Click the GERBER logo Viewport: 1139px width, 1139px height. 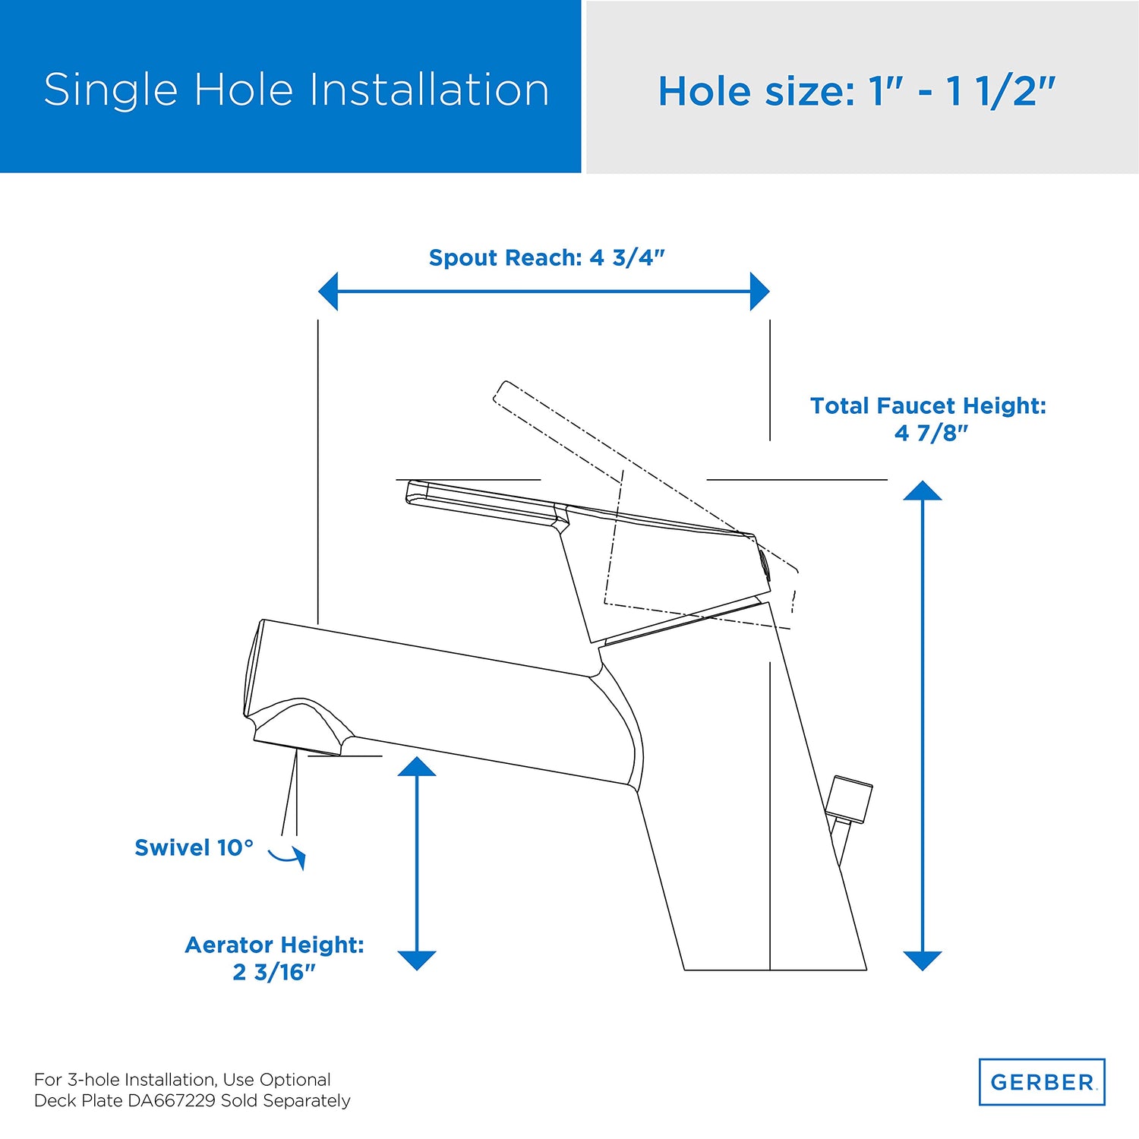[x=1042, y=1082]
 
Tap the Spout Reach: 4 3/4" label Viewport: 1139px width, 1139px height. [x=547, y=258]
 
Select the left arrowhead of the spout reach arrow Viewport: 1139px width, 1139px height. [x=328, y=292]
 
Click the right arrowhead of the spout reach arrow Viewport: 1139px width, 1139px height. [x=759, y=292]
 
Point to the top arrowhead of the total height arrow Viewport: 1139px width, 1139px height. [x=923, y=491]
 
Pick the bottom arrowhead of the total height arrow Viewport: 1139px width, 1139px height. [x=923, y=961]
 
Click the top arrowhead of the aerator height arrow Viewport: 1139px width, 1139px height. [x=417, y=766]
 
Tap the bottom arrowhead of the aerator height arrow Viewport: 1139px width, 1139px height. [x=417, y=961]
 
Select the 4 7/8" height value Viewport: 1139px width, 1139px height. [x=932, y=433]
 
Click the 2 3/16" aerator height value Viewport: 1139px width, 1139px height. [x=274, y=972]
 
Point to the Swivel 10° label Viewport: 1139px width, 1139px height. [x=194, y=847]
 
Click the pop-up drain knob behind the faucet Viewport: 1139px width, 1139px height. [x=850, y=800]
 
